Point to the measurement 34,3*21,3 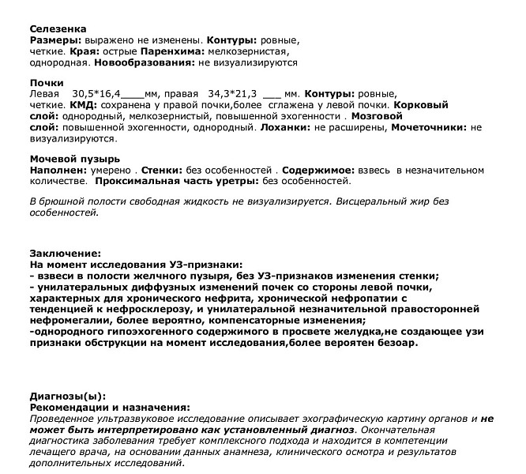click(234, 93)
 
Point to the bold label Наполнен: click(55, 170)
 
